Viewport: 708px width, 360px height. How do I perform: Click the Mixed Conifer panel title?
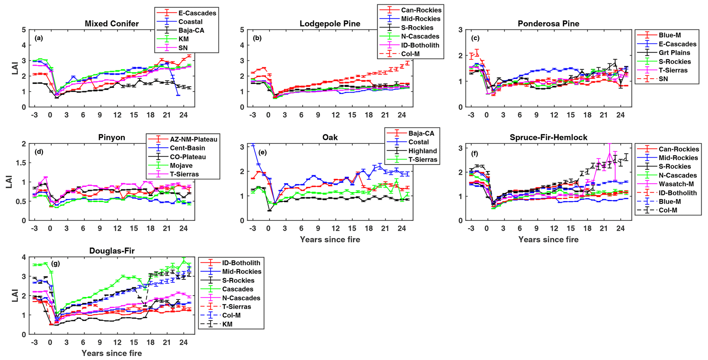coord(112,24)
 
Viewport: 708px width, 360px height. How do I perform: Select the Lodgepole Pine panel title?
coord(330,24)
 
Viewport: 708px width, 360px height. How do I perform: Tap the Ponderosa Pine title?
coord(548,24)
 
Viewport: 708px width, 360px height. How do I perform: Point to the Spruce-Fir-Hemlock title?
coord(548,137)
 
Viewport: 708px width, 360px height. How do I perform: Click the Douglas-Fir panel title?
coord(112,251)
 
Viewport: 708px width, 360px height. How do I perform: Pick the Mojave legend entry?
coord(181,165)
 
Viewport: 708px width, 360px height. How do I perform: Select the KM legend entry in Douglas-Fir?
coord(227,324)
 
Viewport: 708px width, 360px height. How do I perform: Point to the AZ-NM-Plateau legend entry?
coord(194,139)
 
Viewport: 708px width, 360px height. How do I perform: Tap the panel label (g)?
coord(55,263)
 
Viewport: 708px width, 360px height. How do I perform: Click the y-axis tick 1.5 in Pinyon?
coord(21,163)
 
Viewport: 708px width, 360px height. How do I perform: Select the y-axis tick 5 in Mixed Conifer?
coord(24,30)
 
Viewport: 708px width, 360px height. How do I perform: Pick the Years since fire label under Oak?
coord(330,239)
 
